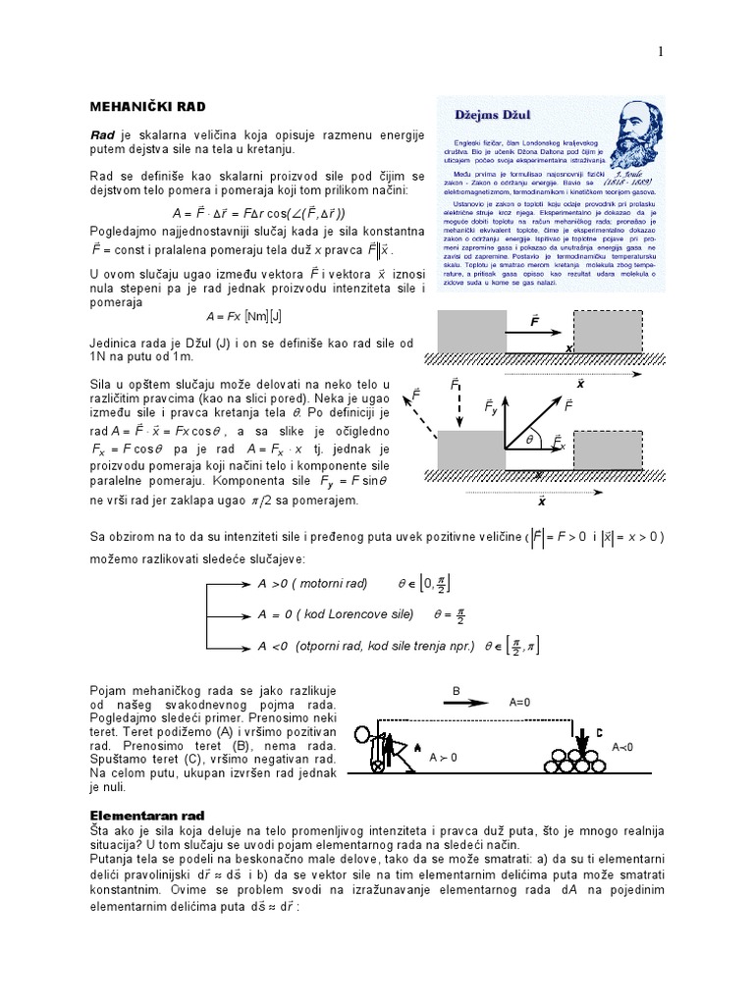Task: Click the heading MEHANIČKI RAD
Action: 148,105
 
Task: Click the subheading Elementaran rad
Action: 149,815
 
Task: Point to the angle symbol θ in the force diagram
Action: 527,442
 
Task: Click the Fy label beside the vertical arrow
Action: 491,405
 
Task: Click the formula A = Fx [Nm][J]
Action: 243,317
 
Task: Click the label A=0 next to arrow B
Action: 521,704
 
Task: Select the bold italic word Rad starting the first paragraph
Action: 103,133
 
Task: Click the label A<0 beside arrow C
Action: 624,747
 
